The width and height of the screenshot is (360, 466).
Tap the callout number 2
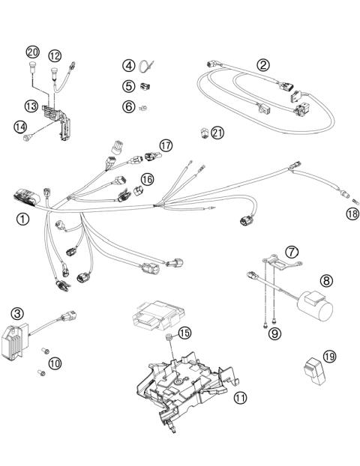click(x=262, y=64)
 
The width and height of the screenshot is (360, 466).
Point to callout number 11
click(x=239, y=398)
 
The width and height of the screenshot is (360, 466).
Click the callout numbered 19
click(x=330, y=355)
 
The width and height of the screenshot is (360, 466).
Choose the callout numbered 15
click(x=183, y=332)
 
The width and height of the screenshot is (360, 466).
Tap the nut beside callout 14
click(x=28, y=138)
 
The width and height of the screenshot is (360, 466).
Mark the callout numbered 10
click(x=54, y=363)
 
